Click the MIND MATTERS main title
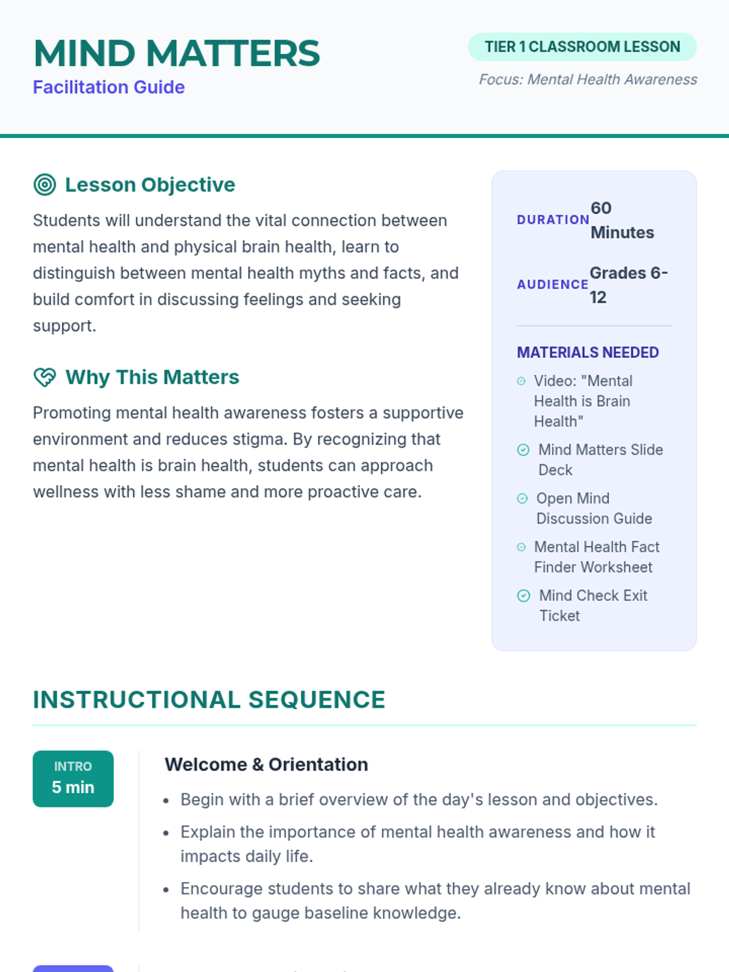(x=176, y=53)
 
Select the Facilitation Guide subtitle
(x=109, y=87)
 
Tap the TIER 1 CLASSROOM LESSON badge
(x=582, y=47)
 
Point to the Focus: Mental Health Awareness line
(x=587, y=80)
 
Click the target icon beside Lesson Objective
(x=45, y=185)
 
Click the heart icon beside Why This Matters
(x=45, y=377)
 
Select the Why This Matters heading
(x=152, y=377)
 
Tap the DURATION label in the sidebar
(x=553, y=220)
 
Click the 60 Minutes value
(x=621, y=220)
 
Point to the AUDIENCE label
(x=552, y=284)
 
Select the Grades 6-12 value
(x=628, y=285)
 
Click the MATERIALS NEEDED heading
(x=587, y=352)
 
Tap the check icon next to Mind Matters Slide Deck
(x=523, y=450)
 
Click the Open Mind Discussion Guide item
(x=594, y=508)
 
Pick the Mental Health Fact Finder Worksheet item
(x=596, y=557)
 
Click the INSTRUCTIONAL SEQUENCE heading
(x=209, y=700)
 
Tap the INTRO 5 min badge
(x=73, y=779)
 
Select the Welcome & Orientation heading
(x=266, y=764)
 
